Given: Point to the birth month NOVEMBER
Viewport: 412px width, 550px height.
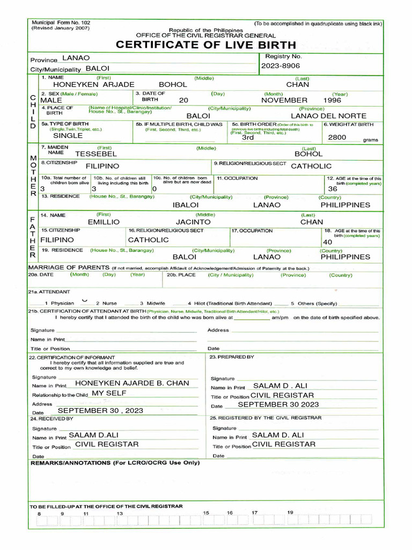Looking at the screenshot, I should pos(284,100).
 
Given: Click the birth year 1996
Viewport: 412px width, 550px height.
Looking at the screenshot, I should pos(332,100).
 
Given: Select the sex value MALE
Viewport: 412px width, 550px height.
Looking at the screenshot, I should pos(51,100).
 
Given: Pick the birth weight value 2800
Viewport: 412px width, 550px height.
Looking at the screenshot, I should pos(337,137).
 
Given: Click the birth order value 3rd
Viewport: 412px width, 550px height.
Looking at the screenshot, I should pos(247,137).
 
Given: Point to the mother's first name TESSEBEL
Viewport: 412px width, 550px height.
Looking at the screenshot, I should pos(95,154).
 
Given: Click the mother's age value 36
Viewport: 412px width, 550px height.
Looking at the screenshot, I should pos(333,189).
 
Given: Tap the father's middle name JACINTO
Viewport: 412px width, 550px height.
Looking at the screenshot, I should pos(193,222).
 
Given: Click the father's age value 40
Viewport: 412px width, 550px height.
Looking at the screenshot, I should pos(328,242).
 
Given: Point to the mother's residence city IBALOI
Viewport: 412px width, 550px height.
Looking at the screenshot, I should pos(186,205).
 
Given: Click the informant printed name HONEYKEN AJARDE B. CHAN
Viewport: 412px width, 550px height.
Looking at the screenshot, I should pos(132,383).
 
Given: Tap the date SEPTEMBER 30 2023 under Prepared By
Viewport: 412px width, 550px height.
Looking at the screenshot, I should pos(278,404).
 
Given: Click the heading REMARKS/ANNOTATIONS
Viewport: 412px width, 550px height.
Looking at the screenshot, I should pos(115,462).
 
